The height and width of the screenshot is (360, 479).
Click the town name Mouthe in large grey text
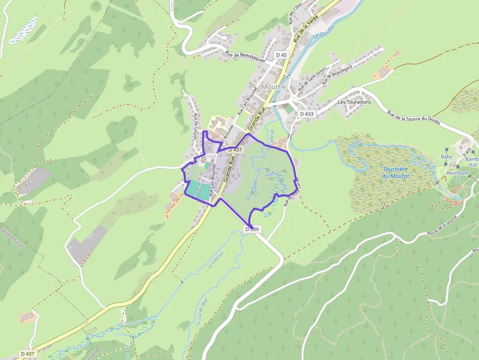(x=273, y=86)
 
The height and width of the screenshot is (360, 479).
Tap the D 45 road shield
(x=281, y=55)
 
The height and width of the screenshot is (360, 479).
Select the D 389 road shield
(x=252, y=229)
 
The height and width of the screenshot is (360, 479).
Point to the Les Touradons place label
(x=354, y=102)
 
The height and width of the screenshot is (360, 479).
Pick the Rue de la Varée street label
(x=305, y=27)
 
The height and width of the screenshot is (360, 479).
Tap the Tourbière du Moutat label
(x=396, y=172)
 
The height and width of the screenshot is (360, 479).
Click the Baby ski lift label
(x=446, y=157)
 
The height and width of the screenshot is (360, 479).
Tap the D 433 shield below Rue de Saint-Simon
(x=306, y=114)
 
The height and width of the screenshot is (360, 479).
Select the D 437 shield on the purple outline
(x=235, y=149)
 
